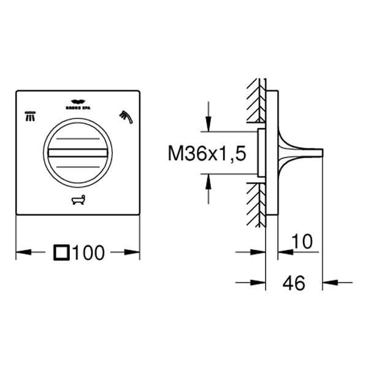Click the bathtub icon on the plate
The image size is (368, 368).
(77, 200)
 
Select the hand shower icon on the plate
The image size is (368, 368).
(125, 115)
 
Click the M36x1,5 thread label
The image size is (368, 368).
(207, 153)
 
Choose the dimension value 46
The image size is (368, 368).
(295, 283)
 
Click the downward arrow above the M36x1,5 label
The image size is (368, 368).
(209, 123)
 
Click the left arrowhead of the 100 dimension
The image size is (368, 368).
(22, 251)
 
